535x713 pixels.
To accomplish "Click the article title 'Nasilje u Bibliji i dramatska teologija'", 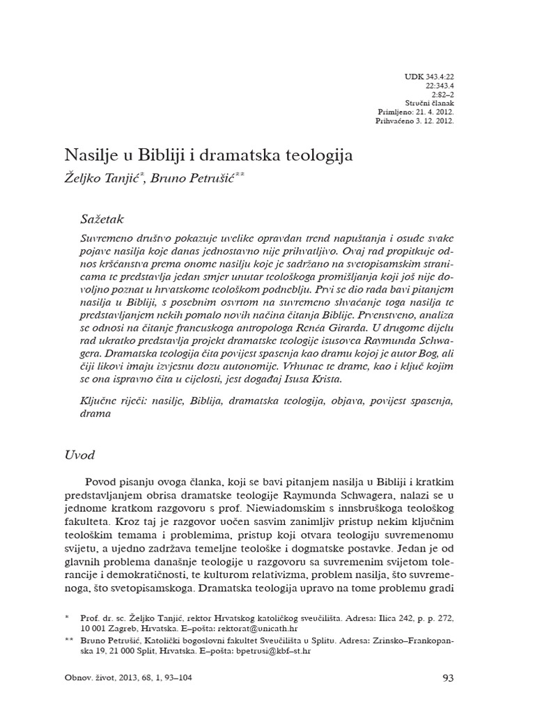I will [x=209, y=155].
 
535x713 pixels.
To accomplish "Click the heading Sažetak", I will [x=102, y=219].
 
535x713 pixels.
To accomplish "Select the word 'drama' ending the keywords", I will [x=96, y=413].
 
